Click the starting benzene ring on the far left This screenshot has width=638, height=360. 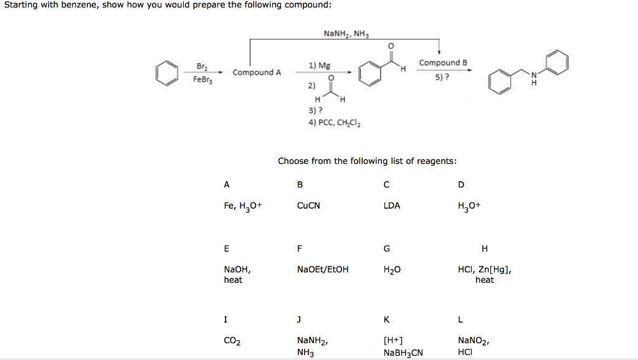tap(166, 72)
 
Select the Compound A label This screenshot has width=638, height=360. tap(257, 72)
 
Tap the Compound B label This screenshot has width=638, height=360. tap(443, 63)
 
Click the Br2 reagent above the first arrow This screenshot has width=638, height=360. tap(202, 66)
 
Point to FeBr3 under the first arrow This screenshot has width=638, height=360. tap(202, 80)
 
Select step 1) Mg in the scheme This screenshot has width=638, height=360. tap(320, 65)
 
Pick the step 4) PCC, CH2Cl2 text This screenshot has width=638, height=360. tap(335, 122)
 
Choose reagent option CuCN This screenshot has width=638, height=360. tap(308, 205)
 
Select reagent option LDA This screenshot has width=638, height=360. tap(392, 205)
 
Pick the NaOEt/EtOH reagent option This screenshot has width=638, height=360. tap(323, 270)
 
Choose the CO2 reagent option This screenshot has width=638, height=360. tap(232, 341)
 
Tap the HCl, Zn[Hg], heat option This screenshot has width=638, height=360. tap(485, 275)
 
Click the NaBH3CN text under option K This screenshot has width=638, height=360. tap(403, 353)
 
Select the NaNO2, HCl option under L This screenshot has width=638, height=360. tap(474, 346)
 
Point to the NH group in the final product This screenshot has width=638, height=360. tap(533, 80)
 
